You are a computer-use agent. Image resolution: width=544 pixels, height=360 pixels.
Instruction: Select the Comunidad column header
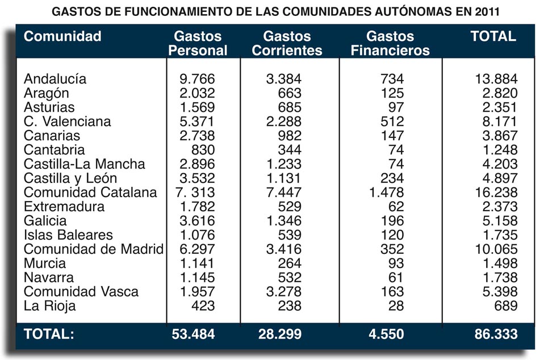click(x=62, y=37)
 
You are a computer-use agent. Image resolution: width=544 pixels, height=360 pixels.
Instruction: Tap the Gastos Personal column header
click(x=198, y=44)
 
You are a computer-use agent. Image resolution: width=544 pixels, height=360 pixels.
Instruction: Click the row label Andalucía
click(x=55, y=79)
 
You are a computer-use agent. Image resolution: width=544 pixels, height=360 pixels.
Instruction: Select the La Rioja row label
click(x=49, y=306)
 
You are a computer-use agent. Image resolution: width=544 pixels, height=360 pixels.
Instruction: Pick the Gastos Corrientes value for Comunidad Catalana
click(x=283, y=192)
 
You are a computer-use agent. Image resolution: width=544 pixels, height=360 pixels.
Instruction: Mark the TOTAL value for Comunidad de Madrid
click(x=496, y=249)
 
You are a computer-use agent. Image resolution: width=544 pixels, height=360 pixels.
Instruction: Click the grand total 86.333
click(x=496, y=334)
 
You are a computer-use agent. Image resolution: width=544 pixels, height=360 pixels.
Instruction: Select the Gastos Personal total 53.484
click(x=193, y=334)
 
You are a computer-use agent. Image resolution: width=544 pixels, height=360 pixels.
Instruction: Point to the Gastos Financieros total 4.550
click(x=387, y=334)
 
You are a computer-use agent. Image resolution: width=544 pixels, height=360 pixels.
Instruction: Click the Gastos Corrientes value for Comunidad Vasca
click(x=283, y=292)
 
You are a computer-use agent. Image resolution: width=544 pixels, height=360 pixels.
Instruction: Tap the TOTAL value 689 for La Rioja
click(x=505, y=306)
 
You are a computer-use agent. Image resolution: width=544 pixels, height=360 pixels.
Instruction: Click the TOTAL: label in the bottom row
click(x=49, y=334)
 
